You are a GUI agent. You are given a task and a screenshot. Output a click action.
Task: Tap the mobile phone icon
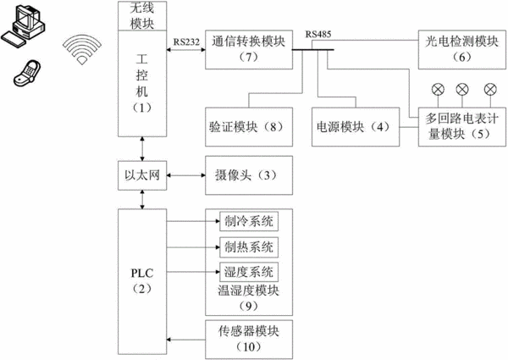point(27,73)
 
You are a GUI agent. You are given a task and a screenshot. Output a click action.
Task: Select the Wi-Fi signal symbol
point(82,48)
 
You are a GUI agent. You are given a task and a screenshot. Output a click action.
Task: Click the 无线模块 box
point(142,16)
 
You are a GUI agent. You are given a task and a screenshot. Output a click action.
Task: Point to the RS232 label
point(186,42)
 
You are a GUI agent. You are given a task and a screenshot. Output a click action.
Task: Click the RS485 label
point(318,34)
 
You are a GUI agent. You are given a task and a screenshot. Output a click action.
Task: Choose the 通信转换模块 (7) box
point(249,50)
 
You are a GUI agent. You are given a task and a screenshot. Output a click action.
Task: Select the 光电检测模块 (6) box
point(462,50)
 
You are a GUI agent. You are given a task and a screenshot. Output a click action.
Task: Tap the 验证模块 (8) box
point(249,127)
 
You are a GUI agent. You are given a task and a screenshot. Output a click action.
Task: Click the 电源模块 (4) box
point(356,127)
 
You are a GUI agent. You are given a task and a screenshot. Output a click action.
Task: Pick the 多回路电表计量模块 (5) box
point(462,127)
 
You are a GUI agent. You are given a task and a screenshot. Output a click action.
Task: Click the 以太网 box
point(142,175)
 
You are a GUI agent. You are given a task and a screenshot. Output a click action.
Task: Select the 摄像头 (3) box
point(249,175)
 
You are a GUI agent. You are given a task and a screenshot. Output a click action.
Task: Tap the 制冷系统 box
point(249,222)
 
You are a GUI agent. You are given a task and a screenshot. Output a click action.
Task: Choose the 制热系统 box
point(249,247)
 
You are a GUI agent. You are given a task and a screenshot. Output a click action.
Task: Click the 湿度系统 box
point(249,272)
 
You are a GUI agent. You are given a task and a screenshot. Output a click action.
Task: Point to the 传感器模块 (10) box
point(249,340)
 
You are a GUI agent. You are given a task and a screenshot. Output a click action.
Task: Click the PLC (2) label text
point(142,280)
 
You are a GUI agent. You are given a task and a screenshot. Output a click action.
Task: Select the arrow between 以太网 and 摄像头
point(186,175)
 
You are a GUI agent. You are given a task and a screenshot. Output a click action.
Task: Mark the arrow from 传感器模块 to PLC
point(186,340)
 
